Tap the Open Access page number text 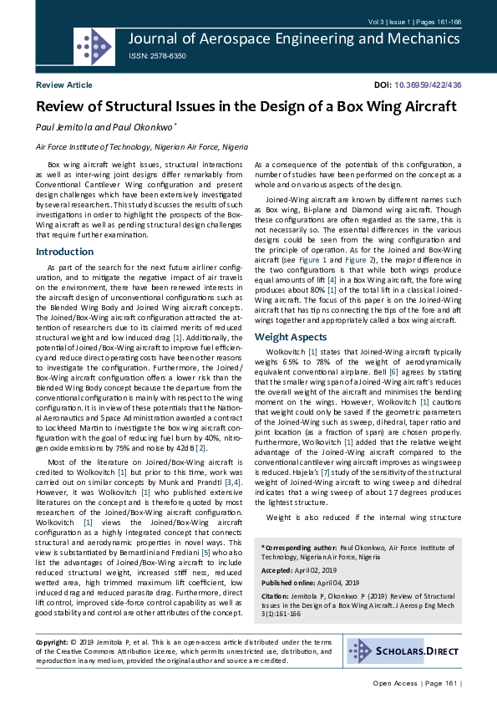417,684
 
